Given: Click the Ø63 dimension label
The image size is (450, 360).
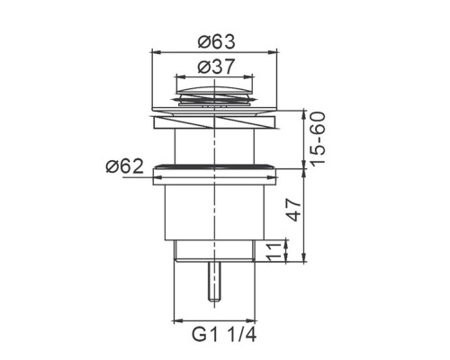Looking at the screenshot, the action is pos(217,42).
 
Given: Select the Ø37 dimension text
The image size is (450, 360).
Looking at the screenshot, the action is pos(215,67).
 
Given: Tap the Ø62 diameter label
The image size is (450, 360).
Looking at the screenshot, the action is pos(125,166).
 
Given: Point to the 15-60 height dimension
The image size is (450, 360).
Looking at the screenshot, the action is pos(318,138).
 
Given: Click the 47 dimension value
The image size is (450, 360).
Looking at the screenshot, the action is pos(292,210).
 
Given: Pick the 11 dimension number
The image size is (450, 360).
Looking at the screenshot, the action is pos(274,253).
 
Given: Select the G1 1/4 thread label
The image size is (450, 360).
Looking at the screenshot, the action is pos(224,334).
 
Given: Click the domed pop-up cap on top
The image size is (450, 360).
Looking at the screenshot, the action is pos(214,91).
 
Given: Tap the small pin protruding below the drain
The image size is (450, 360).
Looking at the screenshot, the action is pos(214,281).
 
